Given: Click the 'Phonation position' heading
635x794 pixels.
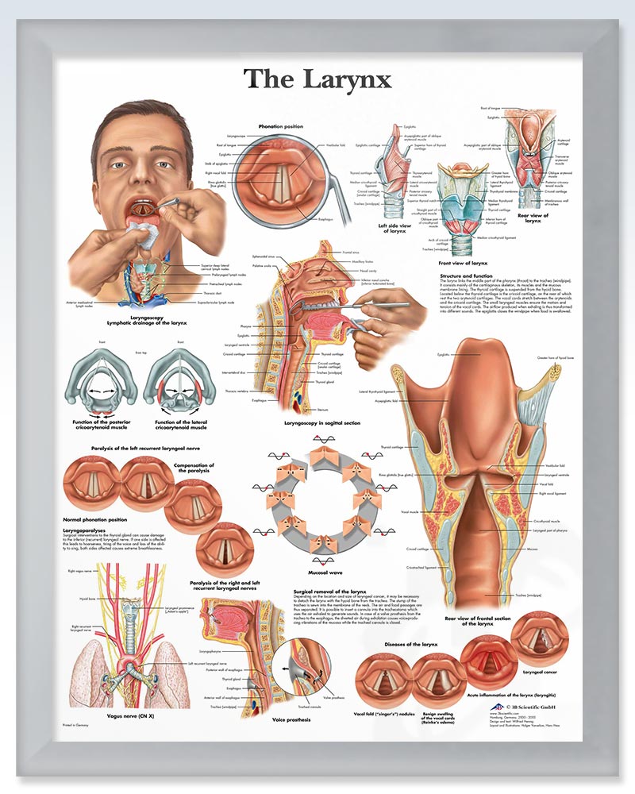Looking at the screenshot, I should coord(281,126).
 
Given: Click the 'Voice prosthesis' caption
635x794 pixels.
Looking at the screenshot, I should coord(291,720).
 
